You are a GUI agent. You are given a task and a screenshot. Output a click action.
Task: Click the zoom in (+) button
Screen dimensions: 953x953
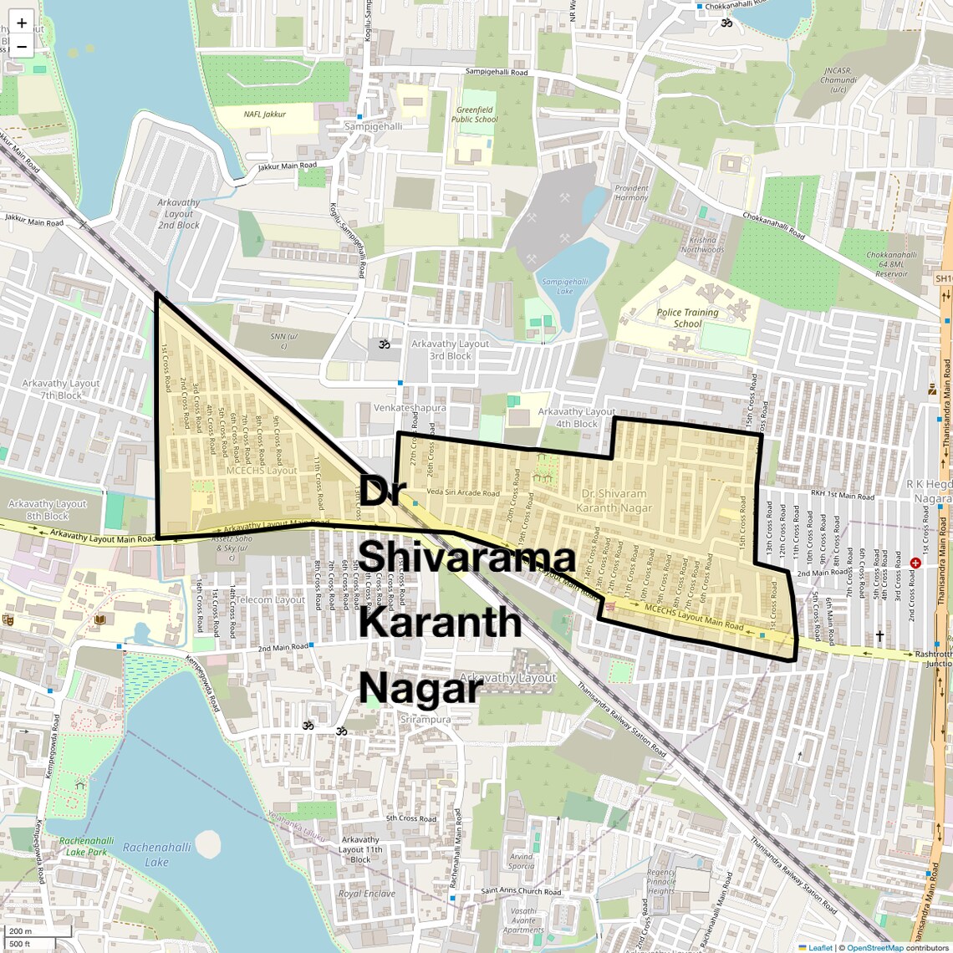tap(22, 23)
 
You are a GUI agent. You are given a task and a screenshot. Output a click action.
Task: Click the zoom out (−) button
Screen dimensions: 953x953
tap(22, 47)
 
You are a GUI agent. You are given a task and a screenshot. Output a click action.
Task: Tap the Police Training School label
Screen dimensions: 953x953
tap(687, 318)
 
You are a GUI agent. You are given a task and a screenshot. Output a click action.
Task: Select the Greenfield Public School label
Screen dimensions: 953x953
tap(475, 115)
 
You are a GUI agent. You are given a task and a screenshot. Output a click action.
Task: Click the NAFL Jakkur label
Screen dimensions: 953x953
tap(265, 115)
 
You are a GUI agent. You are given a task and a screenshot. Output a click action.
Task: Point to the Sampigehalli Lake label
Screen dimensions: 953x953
tap(564, 287)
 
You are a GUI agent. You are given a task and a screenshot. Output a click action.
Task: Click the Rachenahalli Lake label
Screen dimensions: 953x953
tap(156, 854)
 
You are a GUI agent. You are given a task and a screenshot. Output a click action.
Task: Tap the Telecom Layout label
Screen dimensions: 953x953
tap(270, 600)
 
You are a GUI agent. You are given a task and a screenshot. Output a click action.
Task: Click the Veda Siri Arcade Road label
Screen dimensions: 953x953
tap(463, 493)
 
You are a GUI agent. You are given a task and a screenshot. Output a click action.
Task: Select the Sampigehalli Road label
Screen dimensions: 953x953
tap(497, 73)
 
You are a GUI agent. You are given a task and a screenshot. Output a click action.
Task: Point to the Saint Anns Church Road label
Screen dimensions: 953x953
tap(521, 891)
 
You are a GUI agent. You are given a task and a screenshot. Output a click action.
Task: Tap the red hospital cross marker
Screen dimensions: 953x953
tap(915, 563)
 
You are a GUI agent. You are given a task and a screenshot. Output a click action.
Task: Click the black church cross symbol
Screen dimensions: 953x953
tap(879, 636)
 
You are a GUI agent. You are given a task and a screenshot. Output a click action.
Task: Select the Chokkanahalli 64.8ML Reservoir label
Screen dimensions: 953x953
tap(891, 264)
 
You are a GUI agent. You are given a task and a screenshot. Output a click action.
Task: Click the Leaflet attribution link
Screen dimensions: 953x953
tap(819, 947)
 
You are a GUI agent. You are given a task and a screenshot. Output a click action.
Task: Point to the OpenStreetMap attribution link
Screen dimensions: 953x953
tap(874, 947)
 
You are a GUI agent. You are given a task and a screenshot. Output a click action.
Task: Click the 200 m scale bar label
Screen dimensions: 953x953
tap(20, 931)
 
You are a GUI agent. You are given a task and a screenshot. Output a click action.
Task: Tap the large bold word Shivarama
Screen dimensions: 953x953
tap(468, 558)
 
